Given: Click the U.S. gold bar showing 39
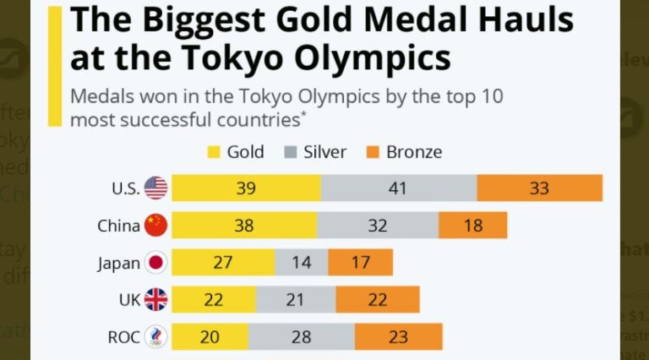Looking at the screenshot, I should tap(246, 188).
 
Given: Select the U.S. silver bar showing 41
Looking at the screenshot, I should tap(399, 188).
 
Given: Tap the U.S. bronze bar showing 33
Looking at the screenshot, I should tap(539, 188).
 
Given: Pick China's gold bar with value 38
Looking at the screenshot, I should tap(244, 226).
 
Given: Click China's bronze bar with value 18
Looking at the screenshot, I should tap(472, 226).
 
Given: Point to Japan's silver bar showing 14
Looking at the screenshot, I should tap(302, 263).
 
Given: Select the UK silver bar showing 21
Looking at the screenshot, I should tap(296, 300).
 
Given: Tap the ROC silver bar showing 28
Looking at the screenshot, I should tap(302, 337).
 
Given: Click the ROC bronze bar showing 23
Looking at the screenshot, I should tap(398, 337).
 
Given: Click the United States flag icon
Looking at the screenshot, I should tap(156, 188).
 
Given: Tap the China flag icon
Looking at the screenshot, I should tap(156, 226).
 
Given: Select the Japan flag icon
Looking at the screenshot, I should tap(156, 263).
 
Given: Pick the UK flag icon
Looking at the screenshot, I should tap(156, 300).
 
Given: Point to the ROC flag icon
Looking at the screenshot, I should tap(156, 337).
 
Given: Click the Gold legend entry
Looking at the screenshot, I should tap(236, 152).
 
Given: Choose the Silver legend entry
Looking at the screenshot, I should tap(314, 152).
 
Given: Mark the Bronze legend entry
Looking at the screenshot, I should tap(403, 152).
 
